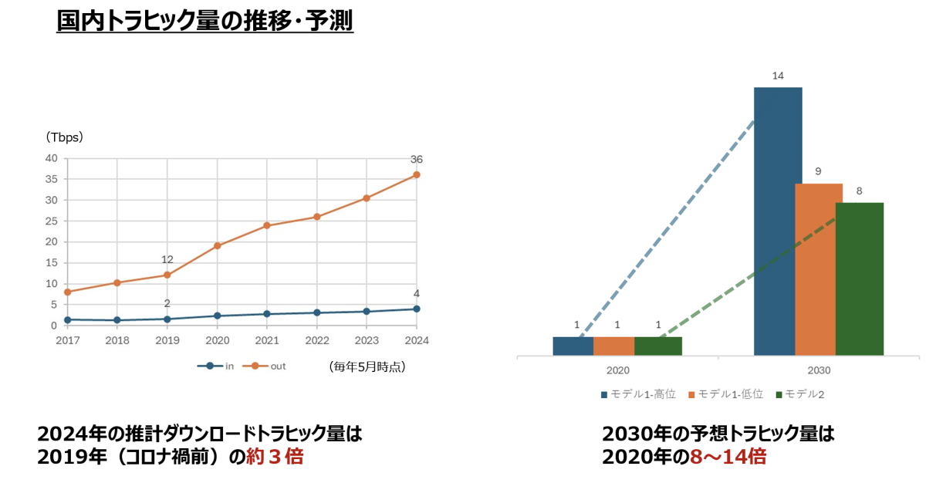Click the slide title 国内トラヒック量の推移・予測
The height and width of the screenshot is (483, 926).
pyautogui.click(x=204, y=20)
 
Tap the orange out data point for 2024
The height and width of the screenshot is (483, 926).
pyautogui.click(x=417, y=174)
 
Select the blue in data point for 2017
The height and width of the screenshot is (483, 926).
pyautogui.click(x=68, y=319)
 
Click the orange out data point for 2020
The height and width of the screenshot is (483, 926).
pyautogui.click(x=218, y=246)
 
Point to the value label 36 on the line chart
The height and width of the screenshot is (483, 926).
pyautogui.click(x=417, y=160)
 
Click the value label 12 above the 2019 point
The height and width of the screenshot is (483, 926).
pyautogui.click(x=167, y=259)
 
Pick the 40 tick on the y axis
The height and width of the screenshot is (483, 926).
pyautogui.click(x=51, y=158)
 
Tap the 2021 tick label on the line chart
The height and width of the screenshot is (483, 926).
pyautogui.click(x=267, y=340)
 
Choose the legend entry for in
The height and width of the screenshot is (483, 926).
pyautogui.click(x=218, y=366)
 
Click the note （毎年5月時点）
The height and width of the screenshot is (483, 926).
pyautogui.click(x=367, y=366)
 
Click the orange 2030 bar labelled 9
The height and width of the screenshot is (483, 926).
pyautogui.click(x=819, y=269)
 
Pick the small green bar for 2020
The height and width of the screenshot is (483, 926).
pyautogui.click(x=658, y=346)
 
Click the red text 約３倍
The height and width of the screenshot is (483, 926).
pyautogui.click(x=275, y=457)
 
